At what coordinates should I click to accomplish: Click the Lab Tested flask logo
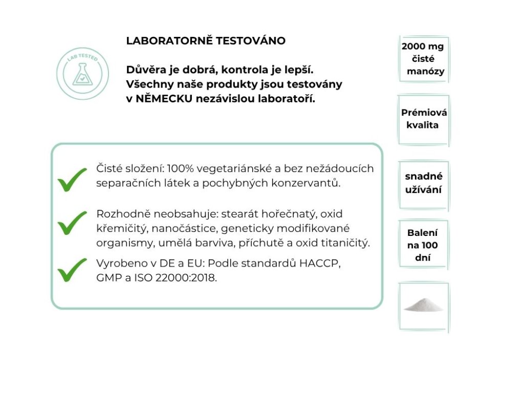pyautogui.click(x=82, y=73)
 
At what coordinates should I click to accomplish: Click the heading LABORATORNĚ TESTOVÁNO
pyautogui.click(x=206, y=41)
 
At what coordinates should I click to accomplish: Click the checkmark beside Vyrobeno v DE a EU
pyautogui.click(x=72, y=270)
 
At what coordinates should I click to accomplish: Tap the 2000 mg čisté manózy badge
pyautogui.click(x=424, y=59)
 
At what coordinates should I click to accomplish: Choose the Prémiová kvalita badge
pyautogui.click(x=424, y=119)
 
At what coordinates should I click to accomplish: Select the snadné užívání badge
pyautogui.click(x=424, y=183)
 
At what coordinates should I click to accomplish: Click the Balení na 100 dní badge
pyautogui.click(x=423, y=245)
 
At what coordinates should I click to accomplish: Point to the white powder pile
pyautogui.click(x=423, y=305)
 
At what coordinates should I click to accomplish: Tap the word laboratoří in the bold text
pyautogui.click(x=288, y=98)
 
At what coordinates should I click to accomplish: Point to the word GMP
pyautogui.click(x=108, y=278)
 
